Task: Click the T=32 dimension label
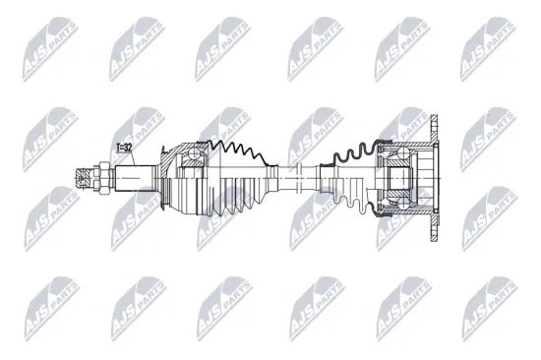[x=125, y=149]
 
